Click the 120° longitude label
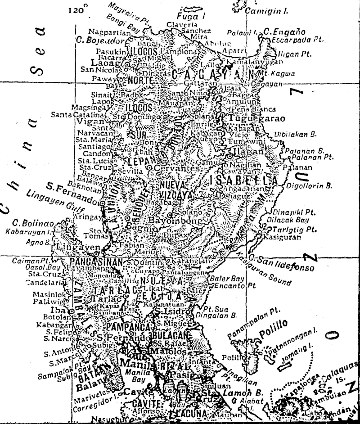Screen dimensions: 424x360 coord(78,9)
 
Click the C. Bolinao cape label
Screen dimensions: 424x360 coord(33,223)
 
